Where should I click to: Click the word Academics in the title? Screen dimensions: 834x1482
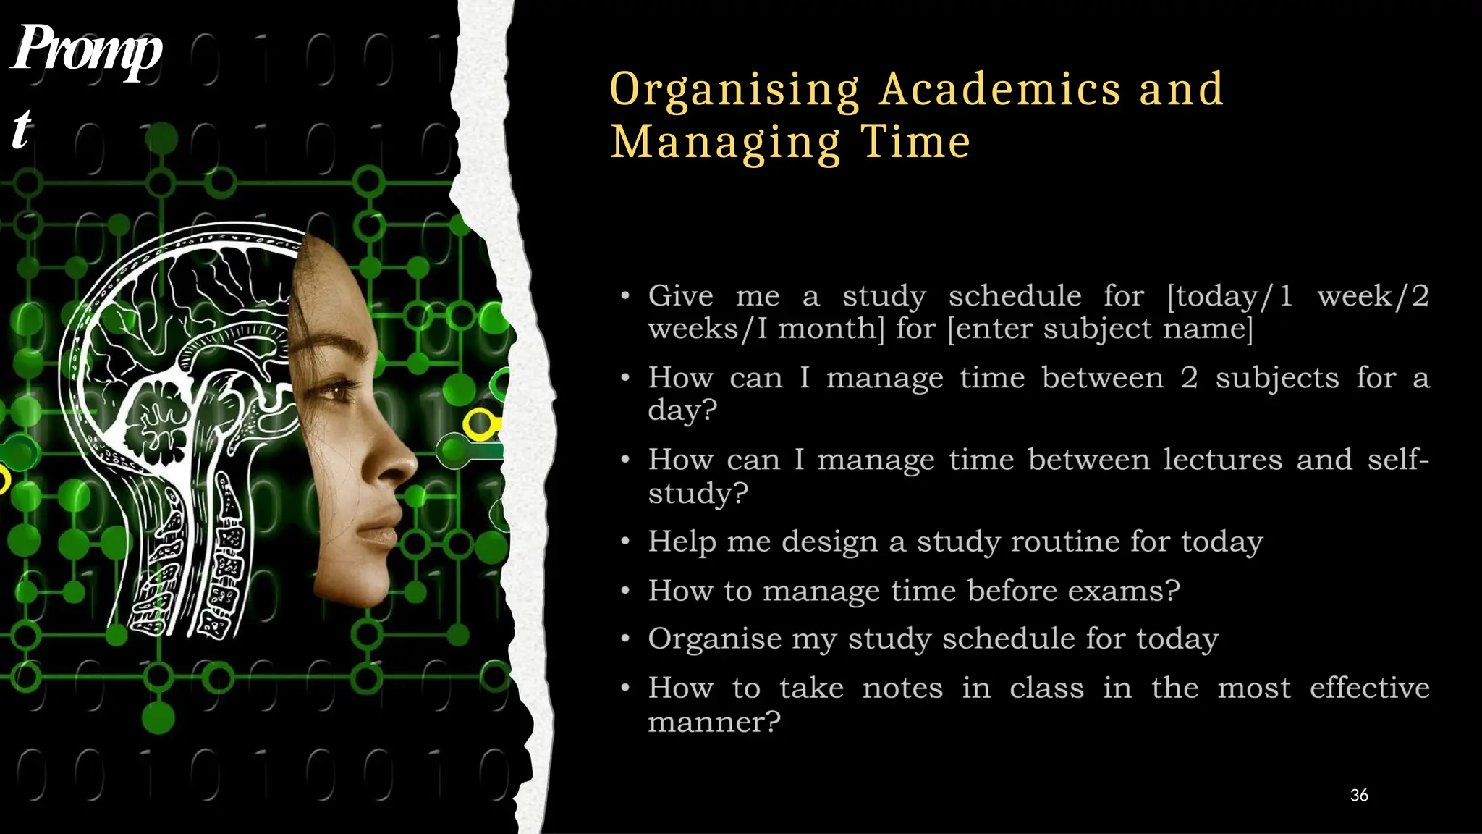[1001, 89]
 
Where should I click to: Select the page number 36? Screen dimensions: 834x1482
[1359, 795]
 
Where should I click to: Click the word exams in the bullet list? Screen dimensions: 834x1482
[1115, 591]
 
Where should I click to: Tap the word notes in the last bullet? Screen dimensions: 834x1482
[902, 688]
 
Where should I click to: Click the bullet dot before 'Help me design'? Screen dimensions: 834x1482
[625, 542]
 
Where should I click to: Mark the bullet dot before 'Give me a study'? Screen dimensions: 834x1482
[625, 296]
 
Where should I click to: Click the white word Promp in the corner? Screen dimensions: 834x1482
[87, 49]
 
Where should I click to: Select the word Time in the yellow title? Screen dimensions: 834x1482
[915, 142]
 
